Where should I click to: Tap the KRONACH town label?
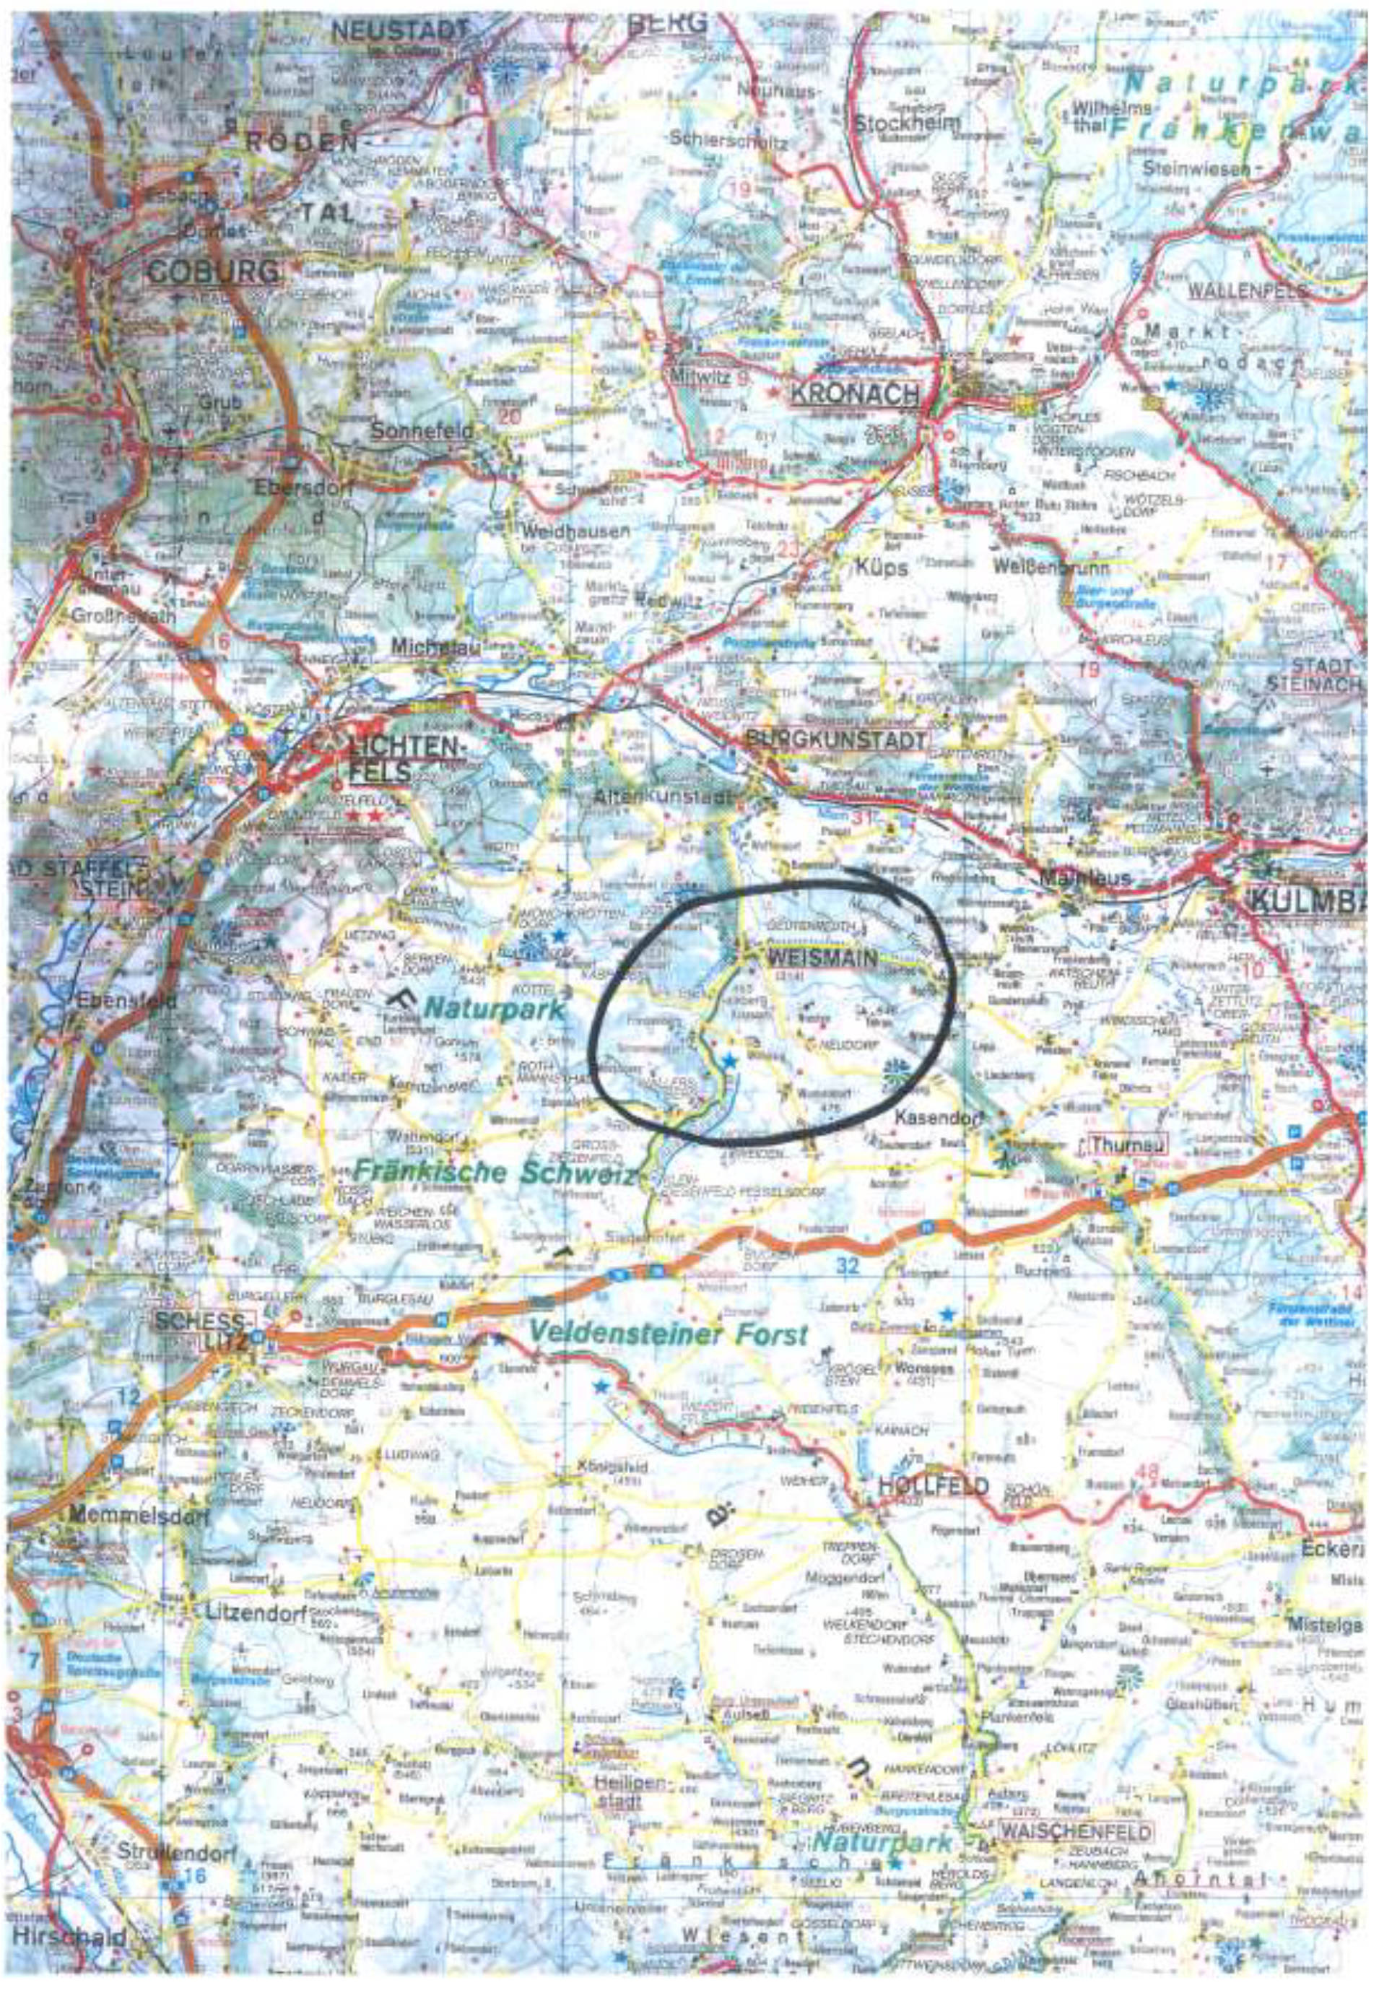[854, 394]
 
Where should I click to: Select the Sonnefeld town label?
[422, 430]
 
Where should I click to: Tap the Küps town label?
[881, 568]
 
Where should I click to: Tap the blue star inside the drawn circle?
[730, 1060]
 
